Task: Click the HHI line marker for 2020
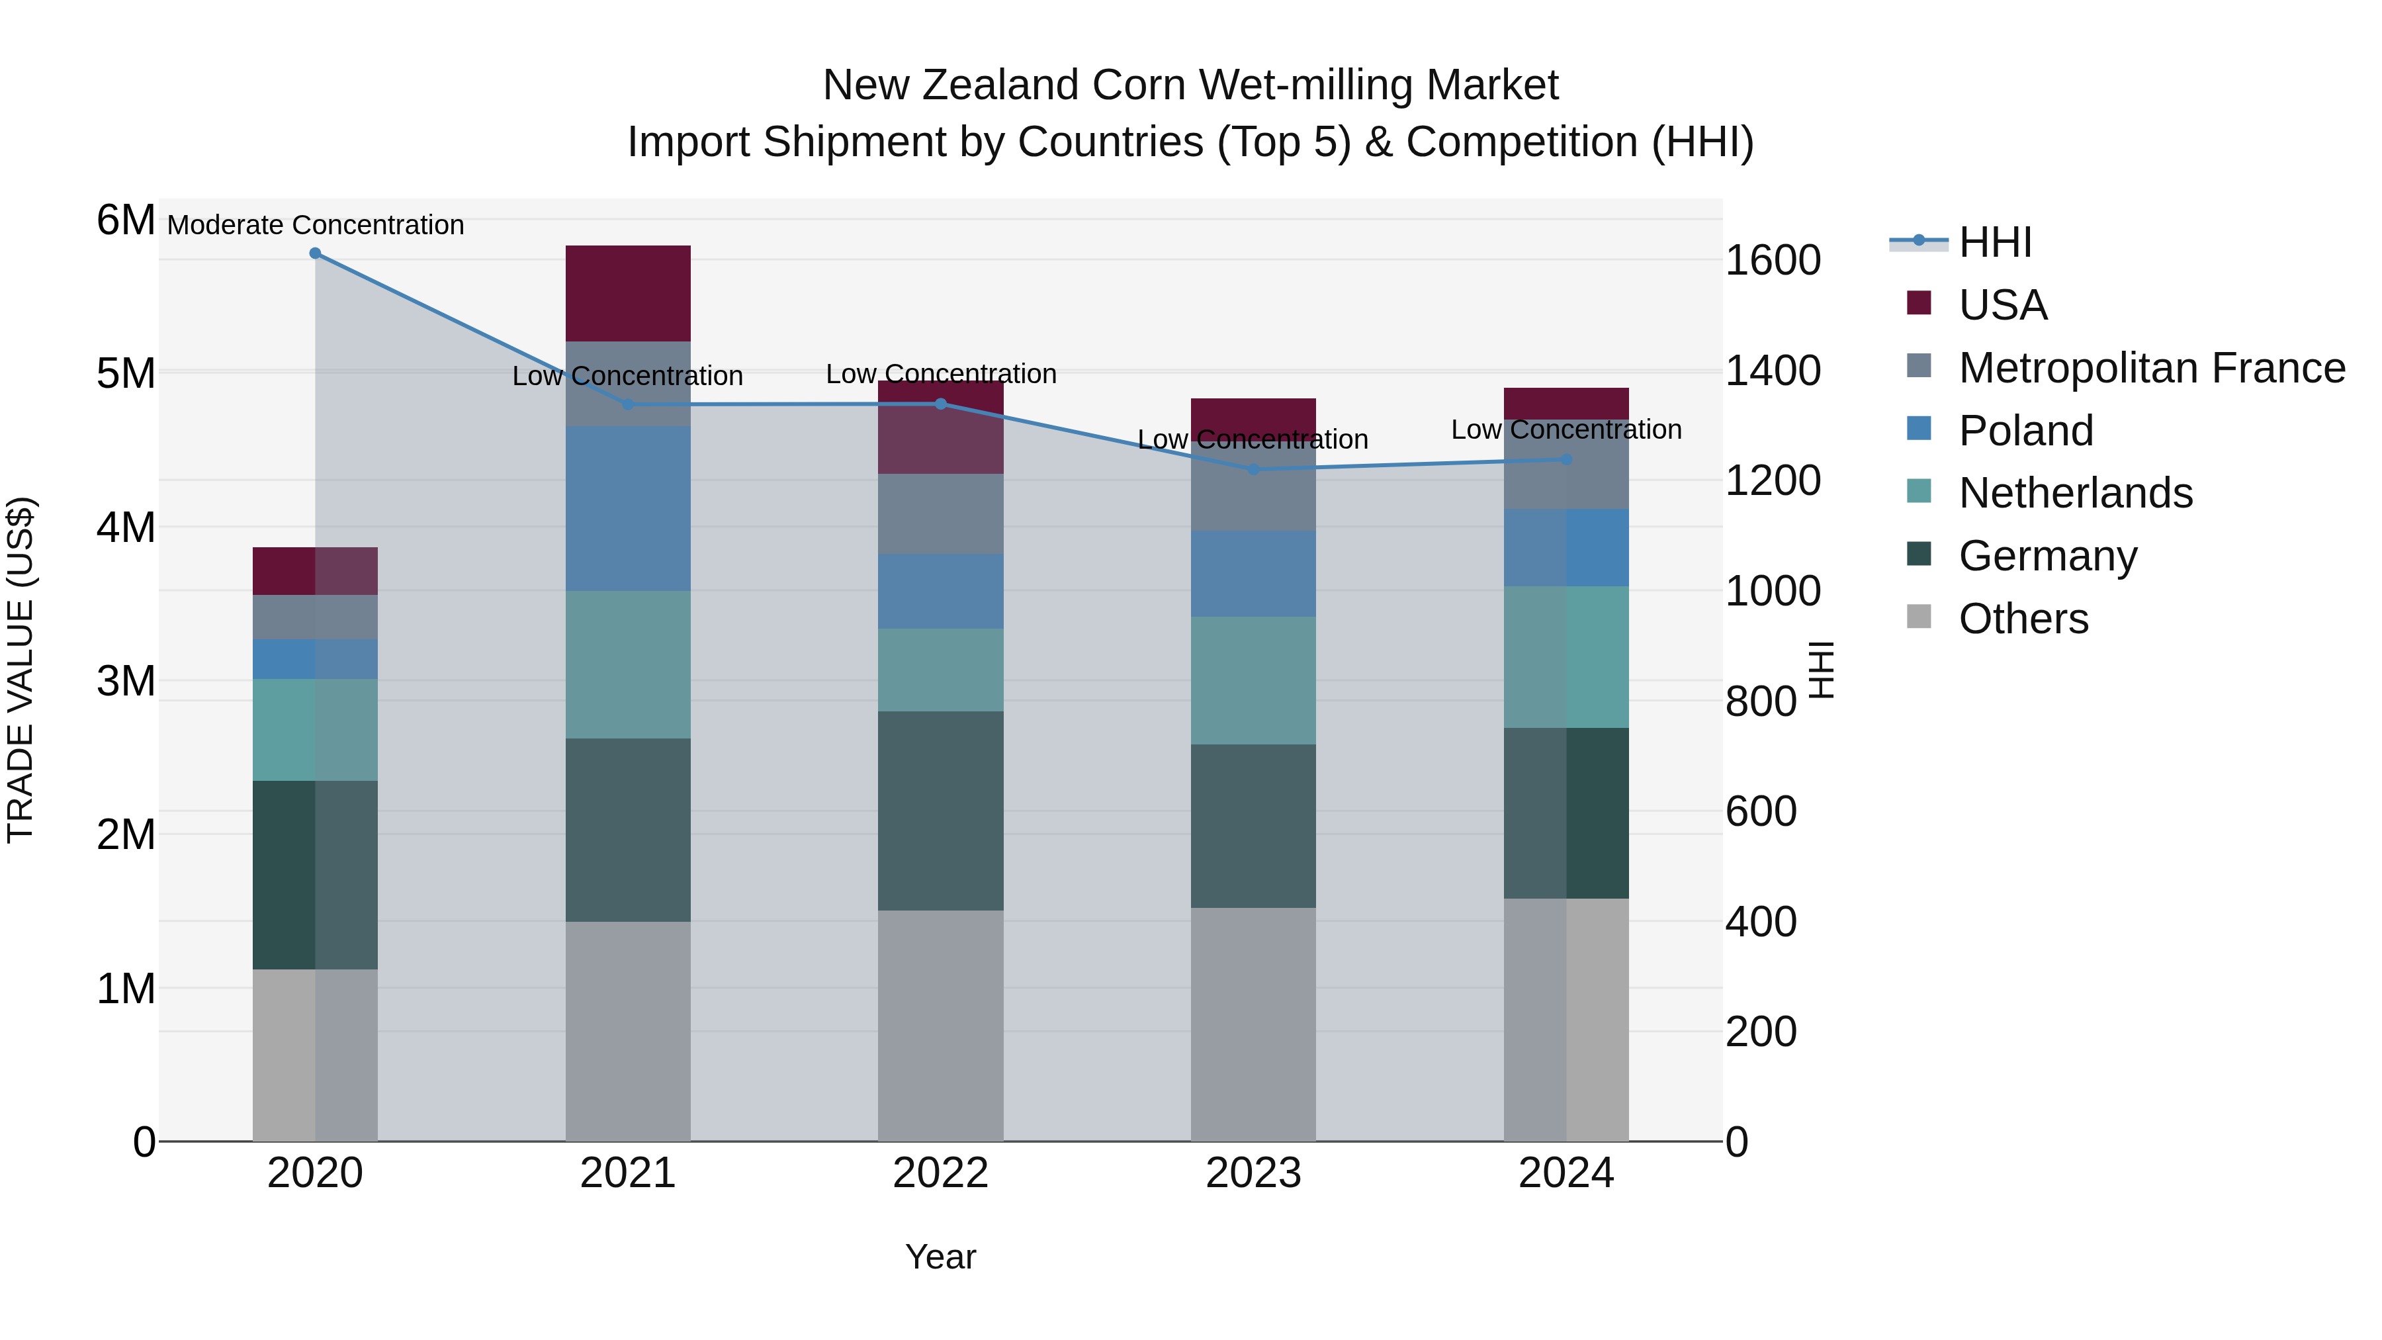(x=316, y=253)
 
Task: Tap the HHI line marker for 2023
(x=1253, y=470)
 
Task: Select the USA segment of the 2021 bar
(x=628, y=293)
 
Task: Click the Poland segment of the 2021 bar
(x=628, y=509)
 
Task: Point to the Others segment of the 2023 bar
(x=1253, y=1024)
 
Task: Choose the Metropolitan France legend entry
(x=2151, y=368)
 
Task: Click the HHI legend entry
(x=1994, y=242)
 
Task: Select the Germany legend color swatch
(x=1919, y=555)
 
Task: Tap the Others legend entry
(x=2022, y=619)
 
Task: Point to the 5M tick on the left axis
(x=126, y=375)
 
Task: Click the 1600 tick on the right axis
(x=1773, y=261)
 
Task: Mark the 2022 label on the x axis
(x=940, y=1173)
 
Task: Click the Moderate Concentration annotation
(x=316, y=225)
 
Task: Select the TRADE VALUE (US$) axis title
(x=21, y=670)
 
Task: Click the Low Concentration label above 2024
(x=1566, y=430)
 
